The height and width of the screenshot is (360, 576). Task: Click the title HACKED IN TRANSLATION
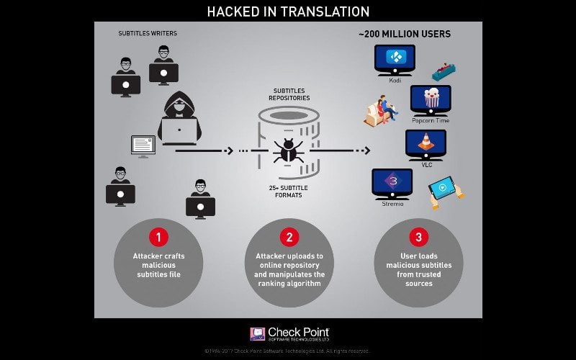click(x=288, y=12)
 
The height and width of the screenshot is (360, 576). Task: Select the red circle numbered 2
click(x=288, y=236)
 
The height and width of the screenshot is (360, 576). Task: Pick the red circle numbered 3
click(x=418, y=236)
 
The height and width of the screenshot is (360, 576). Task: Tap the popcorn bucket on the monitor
click(x=431, y=98)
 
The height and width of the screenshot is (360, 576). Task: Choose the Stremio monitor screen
click(x=392, y=181)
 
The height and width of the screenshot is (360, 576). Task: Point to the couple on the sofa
click(x=382, y=112)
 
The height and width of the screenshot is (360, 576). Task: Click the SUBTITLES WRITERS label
click(x=148, y=33)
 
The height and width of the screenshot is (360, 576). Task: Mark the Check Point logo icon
click(x=257, y=334)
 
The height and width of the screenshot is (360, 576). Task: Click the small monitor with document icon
click(x=143, y=145)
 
